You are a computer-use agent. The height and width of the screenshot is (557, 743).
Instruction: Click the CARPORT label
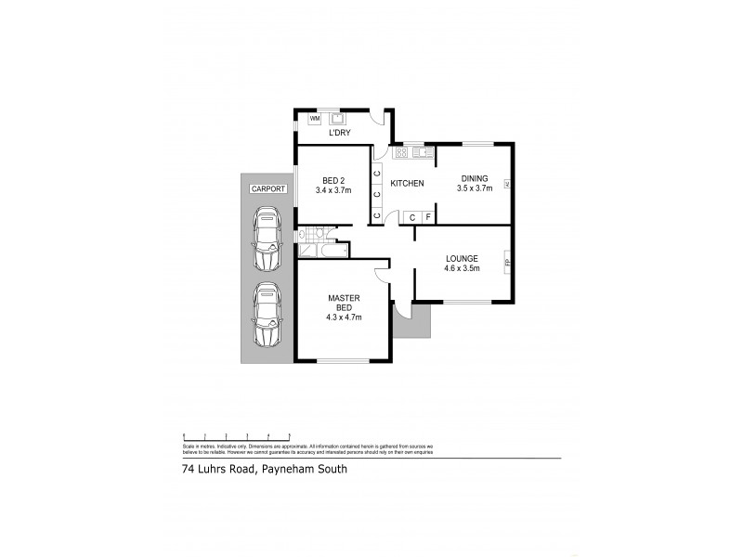[x=267, y=188]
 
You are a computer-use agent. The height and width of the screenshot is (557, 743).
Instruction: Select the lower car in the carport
[x=267, y=315]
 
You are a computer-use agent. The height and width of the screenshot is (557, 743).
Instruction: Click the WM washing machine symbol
[x=314, y=119]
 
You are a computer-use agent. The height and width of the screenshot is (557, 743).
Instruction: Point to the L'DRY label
[x=338, y=133]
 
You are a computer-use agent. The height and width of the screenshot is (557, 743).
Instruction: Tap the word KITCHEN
[x=407, y=183]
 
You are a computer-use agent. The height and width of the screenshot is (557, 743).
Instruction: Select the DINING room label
[x=475, y=178]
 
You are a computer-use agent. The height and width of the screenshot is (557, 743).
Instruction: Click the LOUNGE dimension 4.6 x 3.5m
[x=462, y=268]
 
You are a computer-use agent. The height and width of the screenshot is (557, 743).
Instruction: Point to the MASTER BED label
[x=344, y=304]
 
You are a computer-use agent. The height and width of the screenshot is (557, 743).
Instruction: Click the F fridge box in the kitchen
[x=428, y=217]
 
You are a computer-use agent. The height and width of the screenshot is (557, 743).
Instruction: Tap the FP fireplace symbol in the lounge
[x=507, y=263]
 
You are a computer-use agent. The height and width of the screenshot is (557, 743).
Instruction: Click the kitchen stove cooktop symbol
[x=402, y=151]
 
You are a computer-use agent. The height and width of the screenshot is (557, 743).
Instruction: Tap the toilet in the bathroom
[x=318, y=233]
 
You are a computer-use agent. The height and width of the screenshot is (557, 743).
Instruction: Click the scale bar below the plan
[x=237, y=435]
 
